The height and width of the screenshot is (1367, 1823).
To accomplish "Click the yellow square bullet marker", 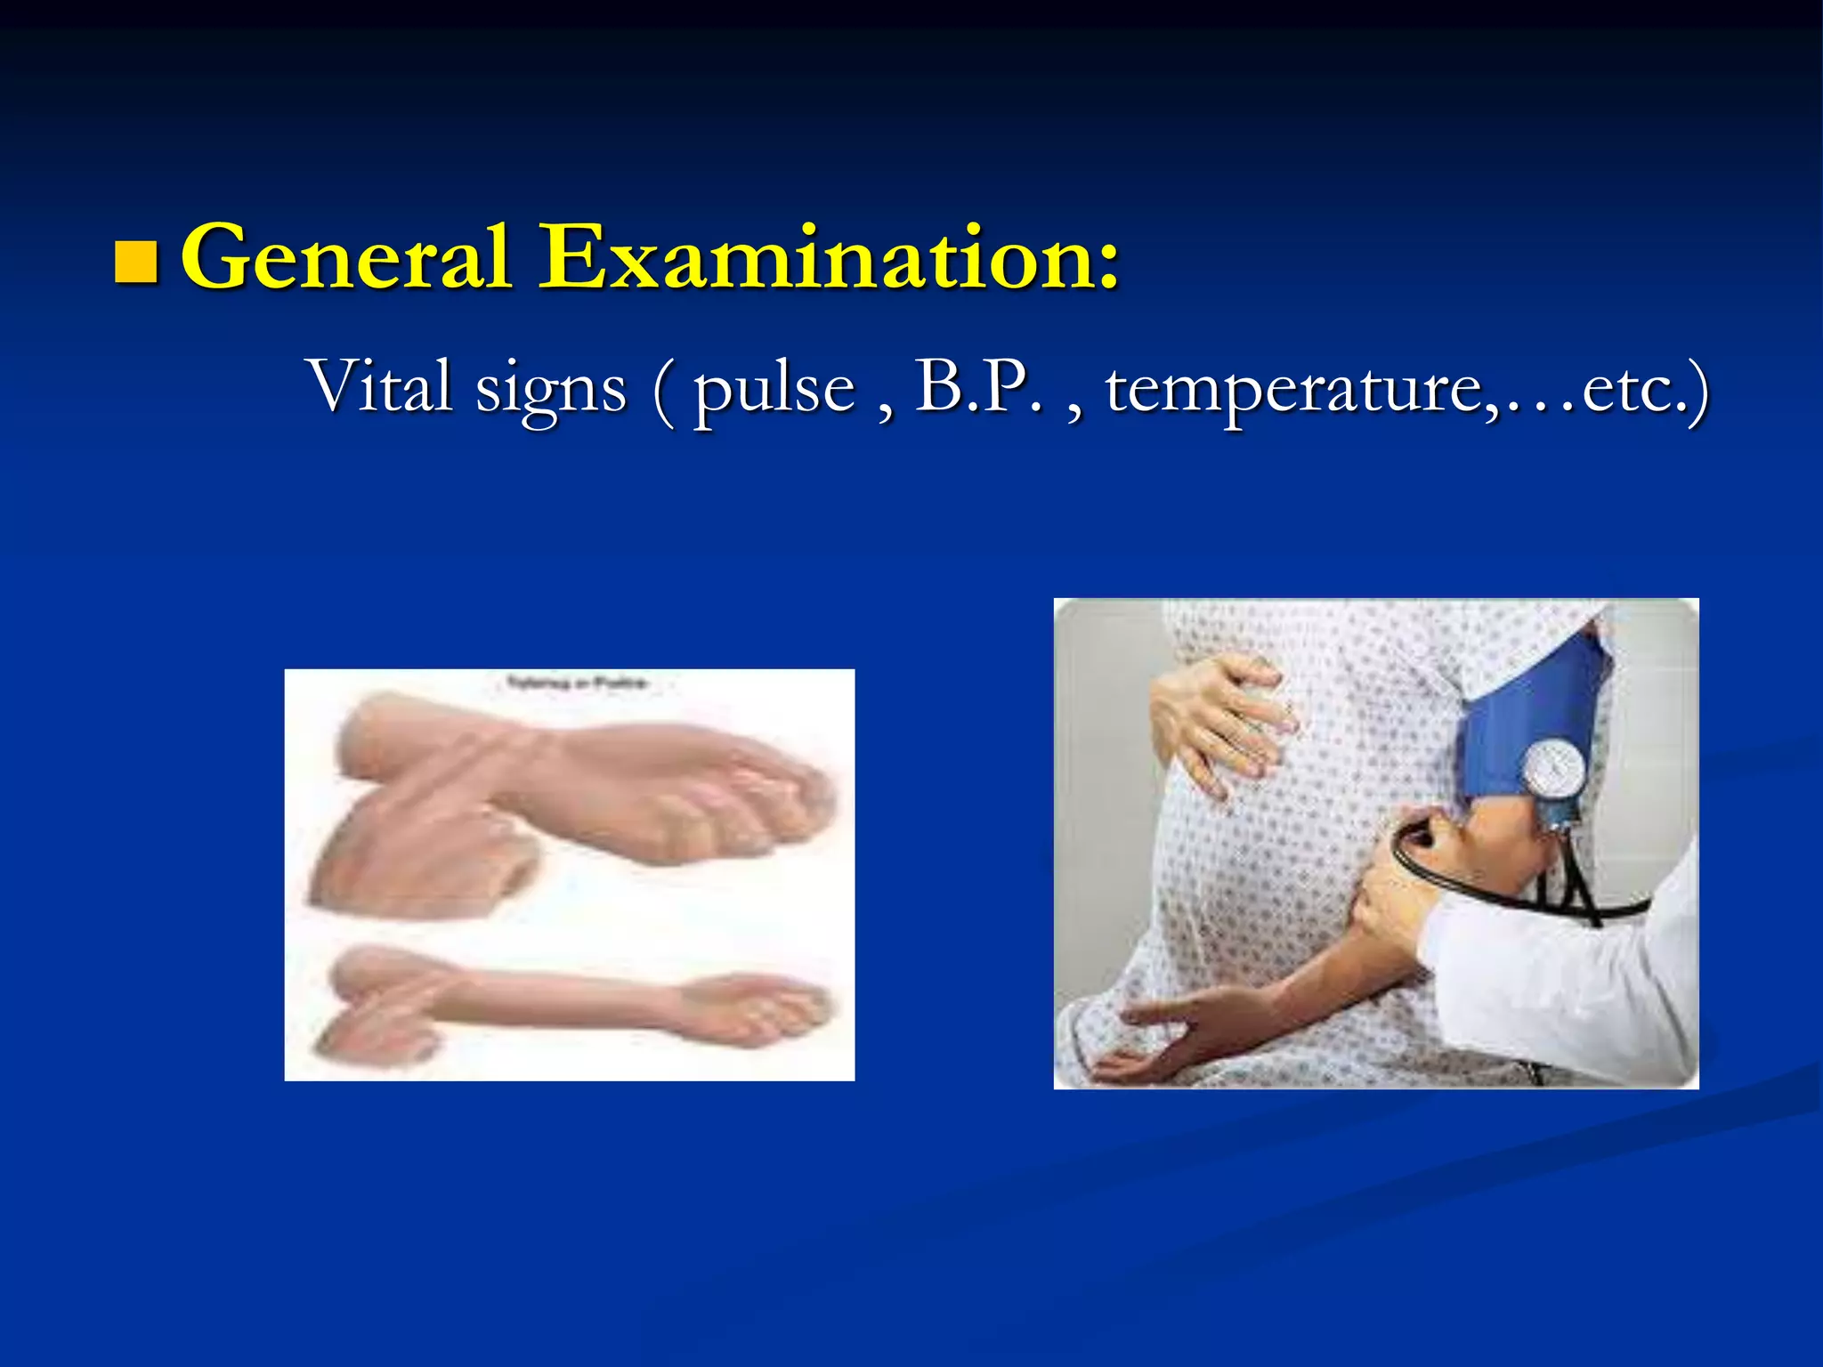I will pyautogui.click(x=136, y=262).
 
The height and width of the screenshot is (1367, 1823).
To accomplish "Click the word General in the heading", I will pyautogui.click(x=345, y=258).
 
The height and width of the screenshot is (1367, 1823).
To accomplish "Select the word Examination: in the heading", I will pyautogui.click(x=828, y=258).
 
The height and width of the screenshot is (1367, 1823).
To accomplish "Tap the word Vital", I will pyautogui.click(x=379, y=386).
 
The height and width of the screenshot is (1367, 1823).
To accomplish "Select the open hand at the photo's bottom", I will pyautogui.click(x=1148, y=1059).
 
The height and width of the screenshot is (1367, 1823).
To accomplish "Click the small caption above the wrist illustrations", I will pyautogui.click(x=577, y=683).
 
